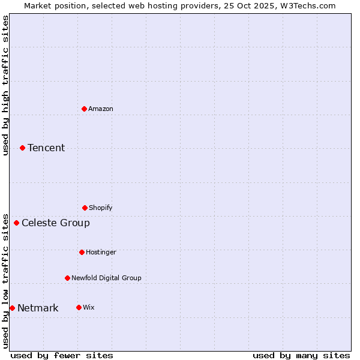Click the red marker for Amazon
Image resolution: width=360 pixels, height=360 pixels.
(x=84, y=109)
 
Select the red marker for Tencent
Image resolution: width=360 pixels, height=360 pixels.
(x=22, y=148)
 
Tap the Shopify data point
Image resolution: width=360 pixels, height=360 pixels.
(x=85, y=208)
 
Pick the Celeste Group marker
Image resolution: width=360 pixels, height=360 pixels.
(x=16, y=223)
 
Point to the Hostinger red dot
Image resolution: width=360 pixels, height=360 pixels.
(x=82, y=252)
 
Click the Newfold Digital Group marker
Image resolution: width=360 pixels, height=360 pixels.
(x=67, y=278)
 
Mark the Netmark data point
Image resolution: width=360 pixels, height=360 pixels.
(x=12, y=308)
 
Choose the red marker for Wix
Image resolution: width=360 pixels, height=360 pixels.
(x=79, y=307)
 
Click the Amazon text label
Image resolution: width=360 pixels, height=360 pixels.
(x=101, y=109)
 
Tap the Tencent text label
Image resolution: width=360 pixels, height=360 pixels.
(x=46, y=148)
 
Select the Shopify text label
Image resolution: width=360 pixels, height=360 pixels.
(x=101, y=208)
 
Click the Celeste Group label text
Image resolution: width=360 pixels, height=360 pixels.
(x=56, y=223)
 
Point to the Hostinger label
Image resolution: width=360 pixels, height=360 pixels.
(x=101, y=252)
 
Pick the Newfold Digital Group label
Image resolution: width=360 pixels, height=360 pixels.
(x=106, y=278)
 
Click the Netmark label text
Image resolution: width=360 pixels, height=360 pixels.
(x=38, y=308)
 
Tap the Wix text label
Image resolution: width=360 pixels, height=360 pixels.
(x=89, y=307)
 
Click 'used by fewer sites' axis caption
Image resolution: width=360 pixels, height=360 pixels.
(x=62, y=355)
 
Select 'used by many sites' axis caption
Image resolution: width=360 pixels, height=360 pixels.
(x=301, y=355)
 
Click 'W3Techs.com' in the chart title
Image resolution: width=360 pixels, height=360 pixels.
(x=310, y=5)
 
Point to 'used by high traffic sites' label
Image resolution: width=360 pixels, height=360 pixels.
(x=5, y=85)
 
